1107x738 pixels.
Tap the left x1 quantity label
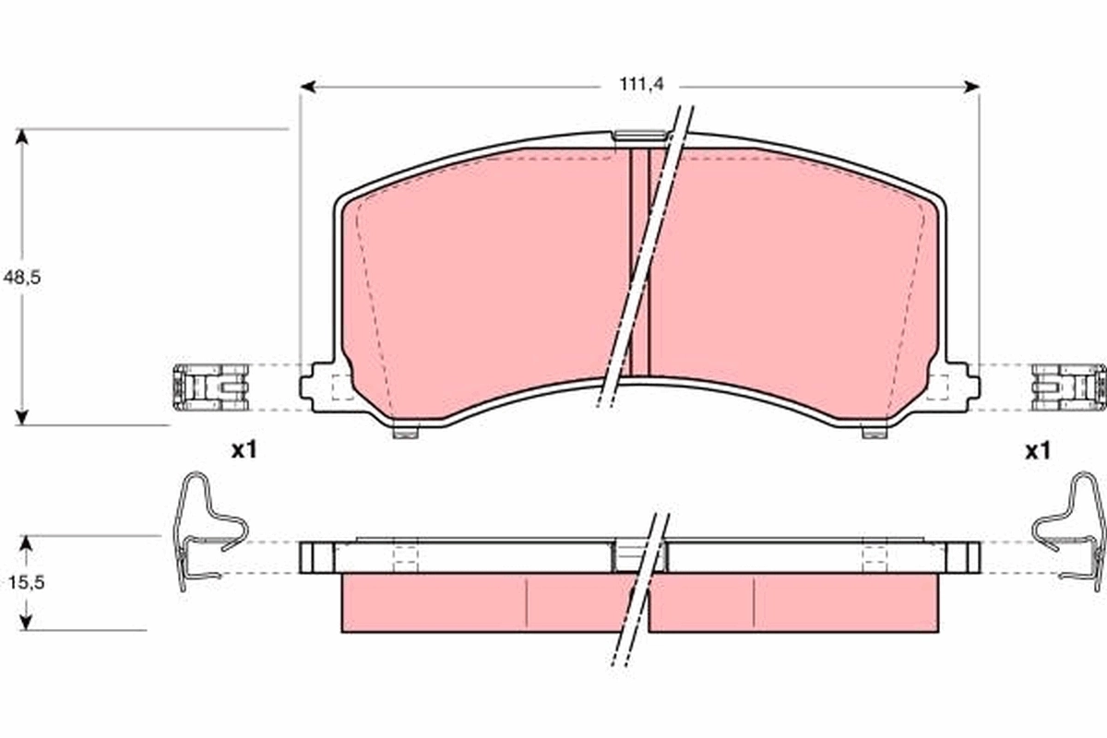(x=244, y=451)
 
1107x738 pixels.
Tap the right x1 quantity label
(x=1038, y=451)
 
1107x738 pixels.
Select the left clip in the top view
(x=209, y=386)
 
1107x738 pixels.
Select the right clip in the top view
(x=1067, y=386)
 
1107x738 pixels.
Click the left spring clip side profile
(x=208, y=531)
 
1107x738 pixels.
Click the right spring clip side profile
(x=1070, y=531)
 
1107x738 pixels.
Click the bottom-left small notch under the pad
(x=405, y=431)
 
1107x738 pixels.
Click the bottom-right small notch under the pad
(x=873, y=431)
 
